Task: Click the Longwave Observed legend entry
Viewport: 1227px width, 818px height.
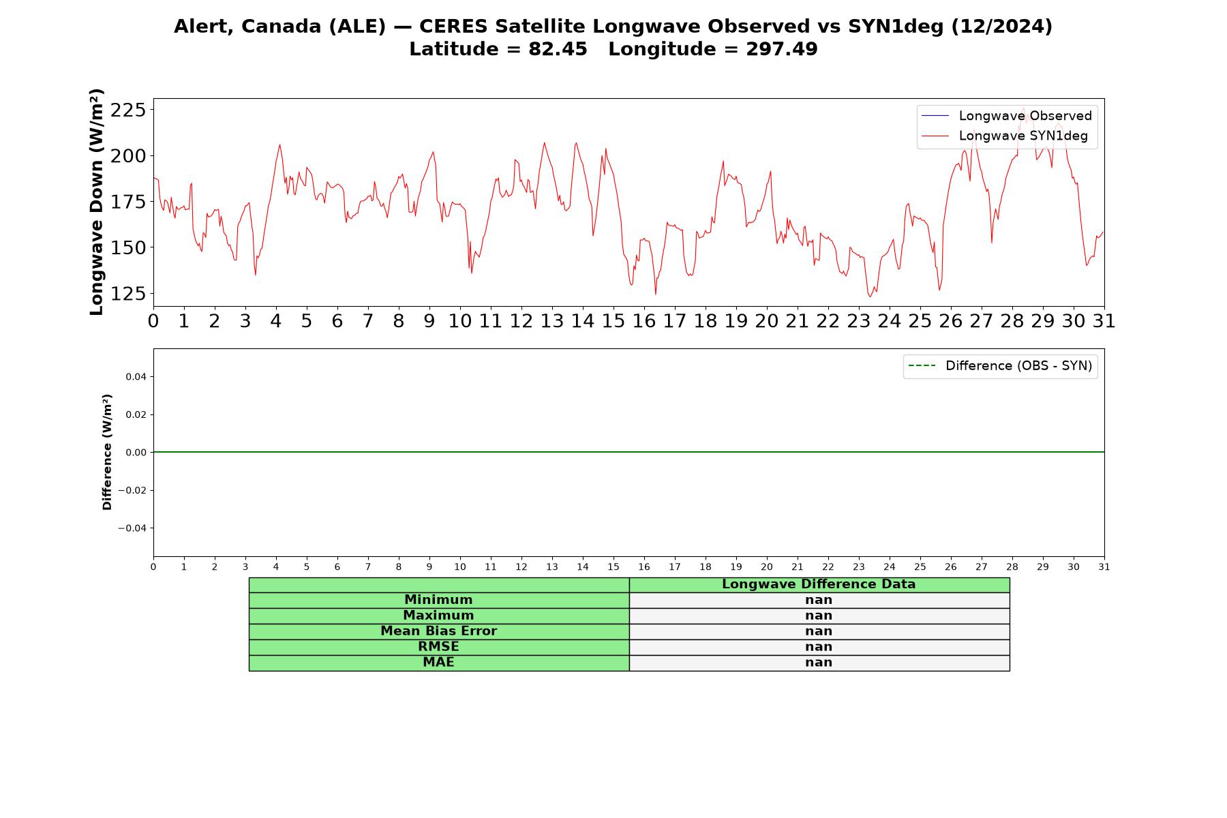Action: pos(1006,116)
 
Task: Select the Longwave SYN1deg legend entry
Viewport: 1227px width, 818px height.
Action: pos(1004,136)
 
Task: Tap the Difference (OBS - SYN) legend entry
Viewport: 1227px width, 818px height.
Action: pos(1000,366)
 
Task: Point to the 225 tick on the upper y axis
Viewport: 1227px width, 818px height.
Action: pos(127,110)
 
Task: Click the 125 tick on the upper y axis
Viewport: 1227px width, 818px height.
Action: pos(127,294)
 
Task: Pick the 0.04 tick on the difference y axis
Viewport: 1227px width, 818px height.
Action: pos(136,377)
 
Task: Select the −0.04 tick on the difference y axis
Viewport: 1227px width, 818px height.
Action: pos(133,528)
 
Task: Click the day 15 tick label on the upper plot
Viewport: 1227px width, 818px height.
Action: pos(613,321)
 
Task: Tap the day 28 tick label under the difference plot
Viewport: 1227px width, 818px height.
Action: pos(1012,566)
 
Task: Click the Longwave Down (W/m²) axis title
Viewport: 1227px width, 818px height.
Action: pos(97,202)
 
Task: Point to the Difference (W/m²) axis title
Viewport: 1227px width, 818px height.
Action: pos(107,452)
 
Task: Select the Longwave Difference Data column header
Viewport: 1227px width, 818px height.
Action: pos(819,584)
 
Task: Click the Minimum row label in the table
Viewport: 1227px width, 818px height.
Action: pos(438,600)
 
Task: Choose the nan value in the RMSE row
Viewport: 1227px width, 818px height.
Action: pos(819,647)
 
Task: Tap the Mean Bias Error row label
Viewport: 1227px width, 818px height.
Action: pos(438,631)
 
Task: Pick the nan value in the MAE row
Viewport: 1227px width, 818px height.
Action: pos(819,663)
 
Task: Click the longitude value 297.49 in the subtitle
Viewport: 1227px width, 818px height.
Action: pos(782,49)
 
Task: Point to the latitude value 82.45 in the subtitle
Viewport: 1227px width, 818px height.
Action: pos(558,49)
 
